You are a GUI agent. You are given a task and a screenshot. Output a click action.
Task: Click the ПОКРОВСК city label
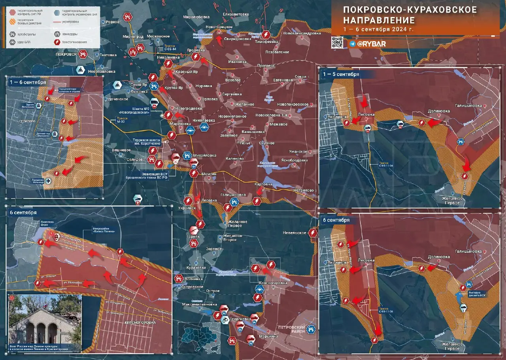point(66,54)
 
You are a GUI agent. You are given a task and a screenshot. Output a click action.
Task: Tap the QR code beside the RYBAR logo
point(337,42)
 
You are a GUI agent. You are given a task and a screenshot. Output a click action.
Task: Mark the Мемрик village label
point(209,174)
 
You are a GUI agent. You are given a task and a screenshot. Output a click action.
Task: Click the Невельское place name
point(294,233)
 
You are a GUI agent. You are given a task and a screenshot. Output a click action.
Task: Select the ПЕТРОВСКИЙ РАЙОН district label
point(292,330)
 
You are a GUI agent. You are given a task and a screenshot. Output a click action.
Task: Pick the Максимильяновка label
point(199,305)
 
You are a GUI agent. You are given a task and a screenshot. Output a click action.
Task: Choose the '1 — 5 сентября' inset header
point(341,74)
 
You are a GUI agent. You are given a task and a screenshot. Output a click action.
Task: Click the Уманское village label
point(298,152)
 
